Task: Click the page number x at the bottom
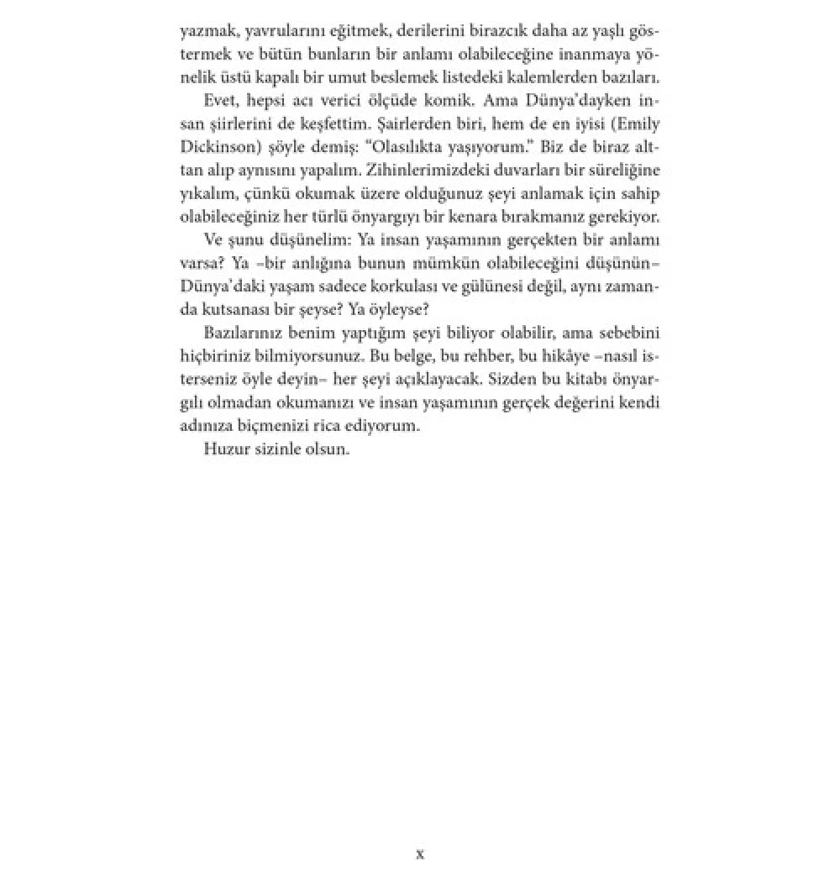click(x=420, y=854)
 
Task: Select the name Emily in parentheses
click(x=638, y=123)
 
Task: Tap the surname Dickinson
click(x=213, y=147)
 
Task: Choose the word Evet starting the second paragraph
click(x=222, y=100)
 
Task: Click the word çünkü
click(x=253, y=193)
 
